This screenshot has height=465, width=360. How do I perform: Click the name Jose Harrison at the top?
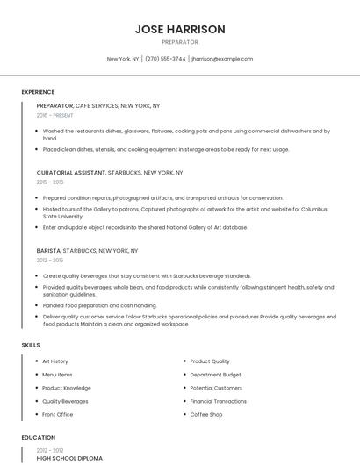coord(180,29)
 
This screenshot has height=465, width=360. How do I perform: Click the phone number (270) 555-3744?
coord(165,59)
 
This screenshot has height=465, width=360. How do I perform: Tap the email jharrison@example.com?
coord(222,59)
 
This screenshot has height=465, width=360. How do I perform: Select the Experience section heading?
coord(38,92)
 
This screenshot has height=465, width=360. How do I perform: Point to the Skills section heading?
coord(31,345)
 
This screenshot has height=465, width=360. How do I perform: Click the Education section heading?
coord(38,437)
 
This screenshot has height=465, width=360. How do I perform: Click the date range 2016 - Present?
coord(55,115)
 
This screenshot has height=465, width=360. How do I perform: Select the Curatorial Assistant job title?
coord(71,173)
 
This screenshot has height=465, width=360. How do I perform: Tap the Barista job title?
coord(48,250)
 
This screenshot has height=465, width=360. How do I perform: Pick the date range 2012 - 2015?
coord(50,260)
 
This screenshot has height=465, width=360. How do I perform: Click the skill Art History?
coord(55,361)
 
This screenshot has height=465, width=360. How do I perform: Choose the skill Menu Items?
coord(57,375)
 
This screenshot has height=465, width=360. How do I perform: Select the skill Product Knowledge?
coord(66,388)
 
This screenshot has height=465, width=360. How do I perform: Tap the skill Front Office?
coord(57,414)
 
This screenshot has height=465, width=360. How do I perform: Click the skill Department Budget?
coord(215,375)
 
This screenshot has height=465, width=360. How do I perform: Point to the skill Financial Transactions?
coord(219,401)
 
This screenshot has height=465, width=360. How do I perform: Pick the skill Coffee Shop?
coord(206,414)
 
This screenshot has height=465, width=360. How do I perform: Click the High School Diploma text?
coord(69,458)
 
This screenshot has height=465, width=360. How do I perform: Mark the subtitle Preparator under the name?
coord(180,42)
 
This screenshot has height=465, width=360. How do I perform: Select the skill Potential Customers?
coord(216,388)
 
